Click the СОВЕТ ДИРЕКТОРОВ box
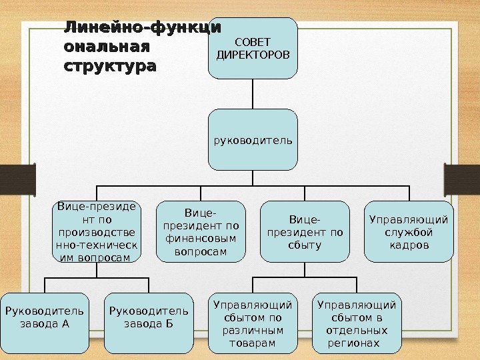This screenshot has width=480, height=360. pos(253,48)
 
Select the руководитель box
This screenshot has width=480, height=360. pos(253,140)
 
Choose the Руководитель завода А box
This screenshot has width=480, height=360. pos(44,322)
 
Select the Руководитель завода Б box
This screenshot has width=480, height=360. pos(148,322)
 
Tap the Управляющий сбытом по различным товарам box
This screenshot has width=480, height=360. pos(253,323)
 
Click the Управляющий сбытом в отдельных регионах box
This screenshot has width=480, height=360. pos(357,323)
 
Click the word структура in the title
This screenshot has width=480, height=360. pos(110,67)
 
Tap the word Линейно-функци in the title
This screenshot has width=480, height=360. pos(142,28)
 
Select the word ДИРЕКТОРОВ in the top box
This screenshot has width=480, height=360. pos(253,55)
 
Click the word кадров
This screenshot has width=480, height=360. pos(409,246)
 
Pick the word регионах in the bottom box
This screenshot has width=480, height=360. pos(354,343)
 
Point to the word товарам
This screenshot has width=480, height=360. pos(253,343)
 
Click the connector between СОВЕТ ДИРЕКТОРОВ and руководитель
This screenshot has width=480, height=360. pos(253,94)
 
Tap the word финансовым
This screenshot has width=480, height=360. pos(201,239)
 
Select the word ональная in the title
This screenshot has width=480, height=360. pos(107,47)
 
